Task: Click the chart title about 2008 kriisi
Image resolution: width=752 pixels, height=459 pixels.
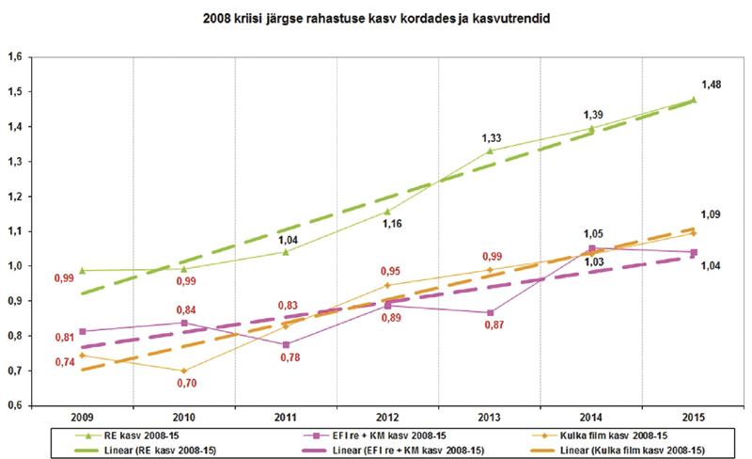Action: pos(376,18)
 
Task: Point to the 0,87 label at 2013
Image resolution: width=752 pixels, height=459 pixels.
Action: pos(492,324)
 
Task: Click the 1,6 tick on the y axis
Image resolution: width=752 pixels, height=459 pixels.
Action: pos(15,57)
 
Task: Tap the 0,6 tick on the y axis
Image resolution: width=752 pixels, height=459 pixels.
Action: pos(15,405)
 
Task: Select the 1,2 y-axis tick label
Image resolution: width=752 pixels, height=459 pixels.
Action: pos(15,197)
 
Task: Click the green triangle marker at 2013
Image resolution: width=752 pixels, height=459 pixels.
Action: pos(490,151)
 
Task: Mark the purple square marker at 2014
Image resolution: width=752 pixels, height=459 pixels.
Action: pos(591,249)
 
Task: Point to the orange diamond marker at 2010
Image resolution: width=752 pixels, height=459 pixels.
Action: pos(184,371)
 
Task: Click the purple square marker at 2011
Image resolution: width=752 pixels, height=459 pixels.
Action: pos(286,344)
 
